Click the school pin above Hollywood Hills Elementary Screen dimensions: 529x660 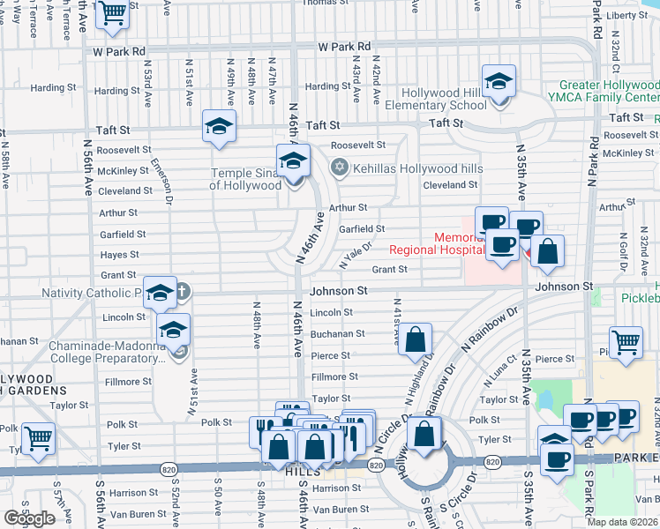(x=499, y=83)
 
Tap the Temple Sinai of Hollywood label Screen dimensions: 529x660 (x=245, y=179)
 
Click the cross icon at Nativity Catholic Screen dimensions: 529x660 (x=183, y=292)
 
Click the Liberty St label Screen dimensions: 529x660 (x=627, y=15)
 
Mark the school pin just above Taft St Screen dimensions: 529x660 (x=219, y=128)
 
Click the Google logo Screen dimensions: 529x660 (x=29, y=518)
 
